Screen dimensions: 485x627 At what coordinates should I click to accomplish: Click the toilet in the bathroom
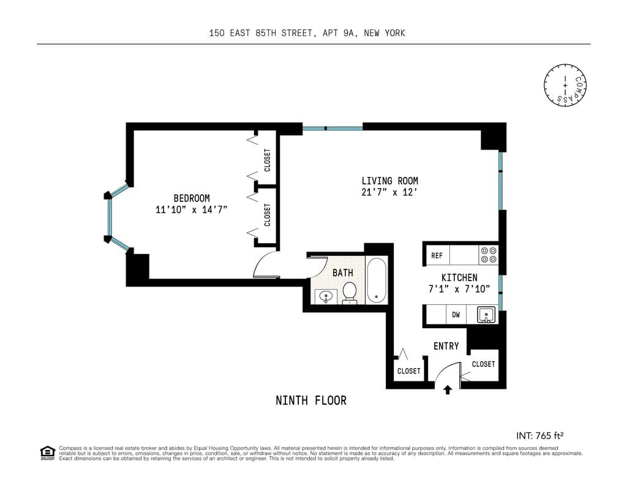[x=350, y=292]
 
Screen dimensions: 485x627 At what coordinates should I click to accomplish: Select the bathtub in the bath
[x=376, y=280]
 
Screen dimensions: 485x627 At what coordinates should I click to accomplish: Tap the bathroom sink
[x=326, y=297]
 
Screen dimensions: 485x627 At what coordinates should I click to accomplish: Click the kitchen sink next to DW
[x=486, y=315]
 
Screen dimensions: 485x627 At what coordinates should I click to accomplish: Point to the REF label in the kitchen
[x=437, y=255]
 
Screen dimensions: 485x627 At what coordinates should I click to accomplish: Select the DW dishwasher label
[x=456, y=315]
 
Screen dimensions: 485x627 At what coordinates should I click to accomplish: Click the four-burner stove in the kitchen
[x=489, y=255]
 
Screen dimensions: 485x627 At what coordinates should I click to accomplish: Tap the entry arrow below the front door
[x=448, y=389]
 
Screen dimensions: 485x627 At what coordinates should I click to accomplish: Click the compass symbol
[x=565, y=85]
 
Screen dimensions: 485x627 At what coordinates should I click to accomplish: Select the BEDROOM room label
[x=192, y=198]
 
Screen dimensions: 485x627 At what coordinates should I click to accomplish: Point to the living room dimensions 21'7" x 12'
[x=389, y=192]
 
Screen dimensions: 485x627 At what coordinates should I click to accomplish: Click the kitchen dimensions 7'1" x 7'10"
[x=459, y=289]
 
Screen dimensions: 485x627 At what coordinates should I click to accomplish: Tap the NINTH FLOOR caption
[x=311, y=400]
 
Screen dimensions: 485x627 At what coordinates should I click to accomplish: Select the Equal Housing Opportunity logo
[x=47, y=453]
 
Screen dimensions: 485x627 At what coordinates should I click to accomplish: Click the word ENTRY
[x=446, y=346]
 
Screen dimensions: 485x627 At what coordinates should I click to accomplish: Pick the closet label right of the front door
[x=483, y=364]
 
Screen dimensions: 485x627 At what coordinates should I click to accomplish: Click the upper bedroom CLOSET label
[x=268, y=160]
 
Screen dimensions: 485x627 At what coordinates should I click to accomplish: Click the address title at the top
[x=307, y=33]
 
